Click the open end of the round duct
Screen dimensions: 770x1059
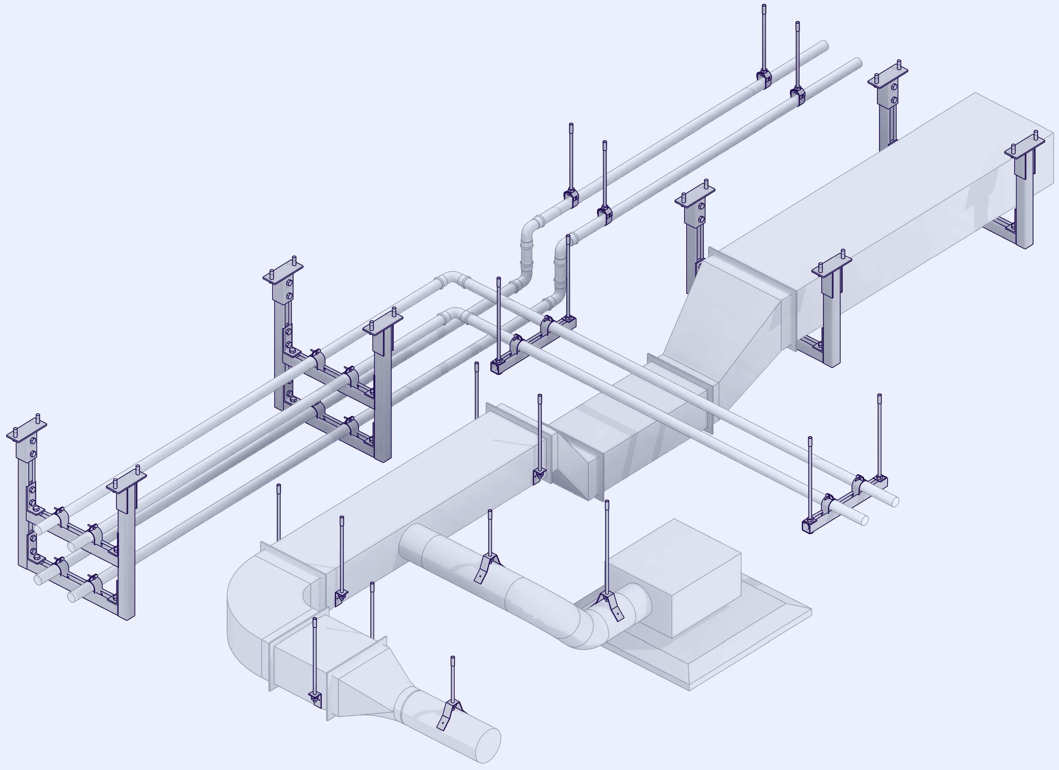coord(488,745)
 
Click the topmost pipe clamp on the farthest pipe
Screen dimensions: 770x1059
coord(764,78)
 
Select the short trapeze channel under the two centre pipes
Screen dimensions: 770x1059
coord(532,346)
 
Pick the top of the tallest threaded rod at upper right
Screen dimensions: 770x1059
coord(764,7)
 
